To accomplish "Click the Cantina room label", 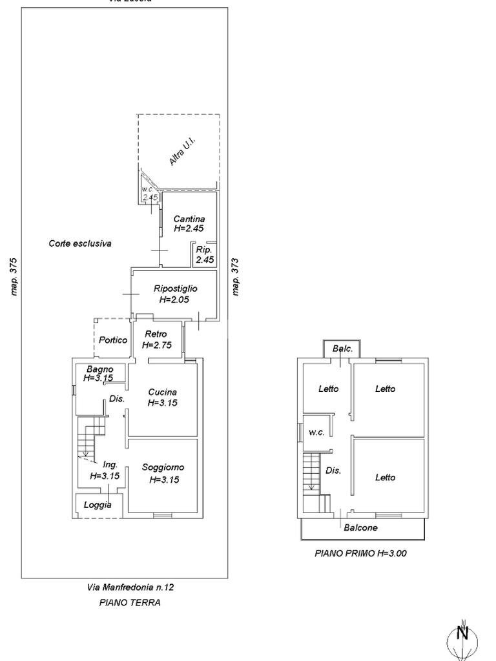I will coord(189,219).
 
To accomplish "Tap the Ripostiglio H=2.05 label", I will coord(175,289).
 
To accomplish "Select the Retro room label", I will coord(155,334).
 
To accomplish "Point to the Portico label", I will coord(112,340).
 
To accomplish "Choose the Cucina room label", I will coord(162,392).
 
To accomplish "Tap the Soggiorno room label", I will coord(163,467).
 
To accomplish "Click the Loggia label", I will coord(98,505).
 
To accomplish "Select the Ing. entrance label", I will coord(110,464).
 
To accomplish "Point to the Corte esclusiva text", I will coord(80,243).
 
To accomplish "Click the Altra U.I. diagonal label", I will coord(182,152).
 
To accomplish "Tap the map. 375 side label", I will coord(14,277).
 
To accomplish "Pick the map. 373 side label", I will coord(236,277).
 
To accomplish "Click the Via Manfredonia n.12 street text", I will coord(130,587).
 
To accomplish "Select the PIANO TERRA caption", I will coord(130,602).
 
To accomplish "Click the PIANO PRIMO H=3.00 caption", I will coord(360,553).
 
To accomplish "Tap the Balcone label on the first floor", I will coord(360,527).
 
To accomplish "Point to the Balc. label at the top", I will coord(342,349).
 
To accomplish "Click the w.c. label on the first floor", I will coord(316,432).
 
